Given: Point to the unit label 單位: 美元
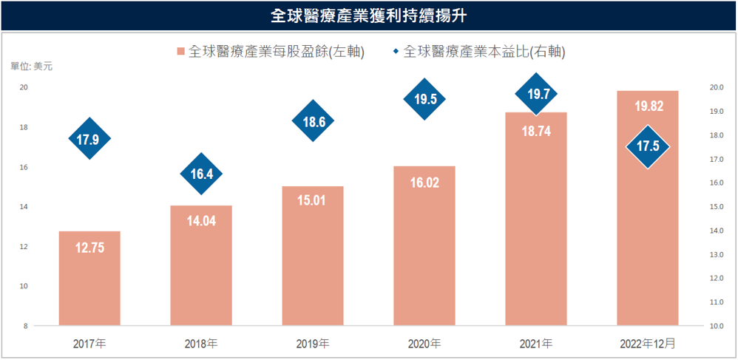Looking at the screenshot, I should pyautogui.click(x=32, y=67).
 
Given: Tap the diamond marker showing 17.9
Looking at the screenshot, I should pyautogui.click(x=89, y=138).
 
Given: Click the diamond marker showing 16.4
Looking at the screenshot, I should pyautogui.click(x=201, y=174).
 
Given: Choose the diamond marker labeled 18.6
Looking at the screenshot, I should pyautogui.click(x=314, y=122).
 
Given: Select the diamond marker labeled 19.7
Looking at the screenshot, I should pyautogui.click(x=536, y=94).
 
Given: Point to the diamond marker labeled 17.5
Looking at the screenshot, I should pyautogui.click(x=648, y=146).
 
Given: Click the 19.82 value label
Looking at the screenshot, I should pyautogui.click(x=648, y=106).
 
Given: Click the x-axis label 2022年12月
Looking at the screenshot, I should pyautogui.click(x=648, y=344).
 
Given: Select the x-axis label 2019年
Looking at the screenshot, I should pyautogui.click(x=314, y=344).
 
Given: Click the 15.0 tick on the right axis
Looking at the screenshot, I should pyautogui.click(x=716, y=207).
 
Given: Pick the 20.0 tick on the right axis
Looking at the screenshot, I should pyautogui.click(x=716, y=87).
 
